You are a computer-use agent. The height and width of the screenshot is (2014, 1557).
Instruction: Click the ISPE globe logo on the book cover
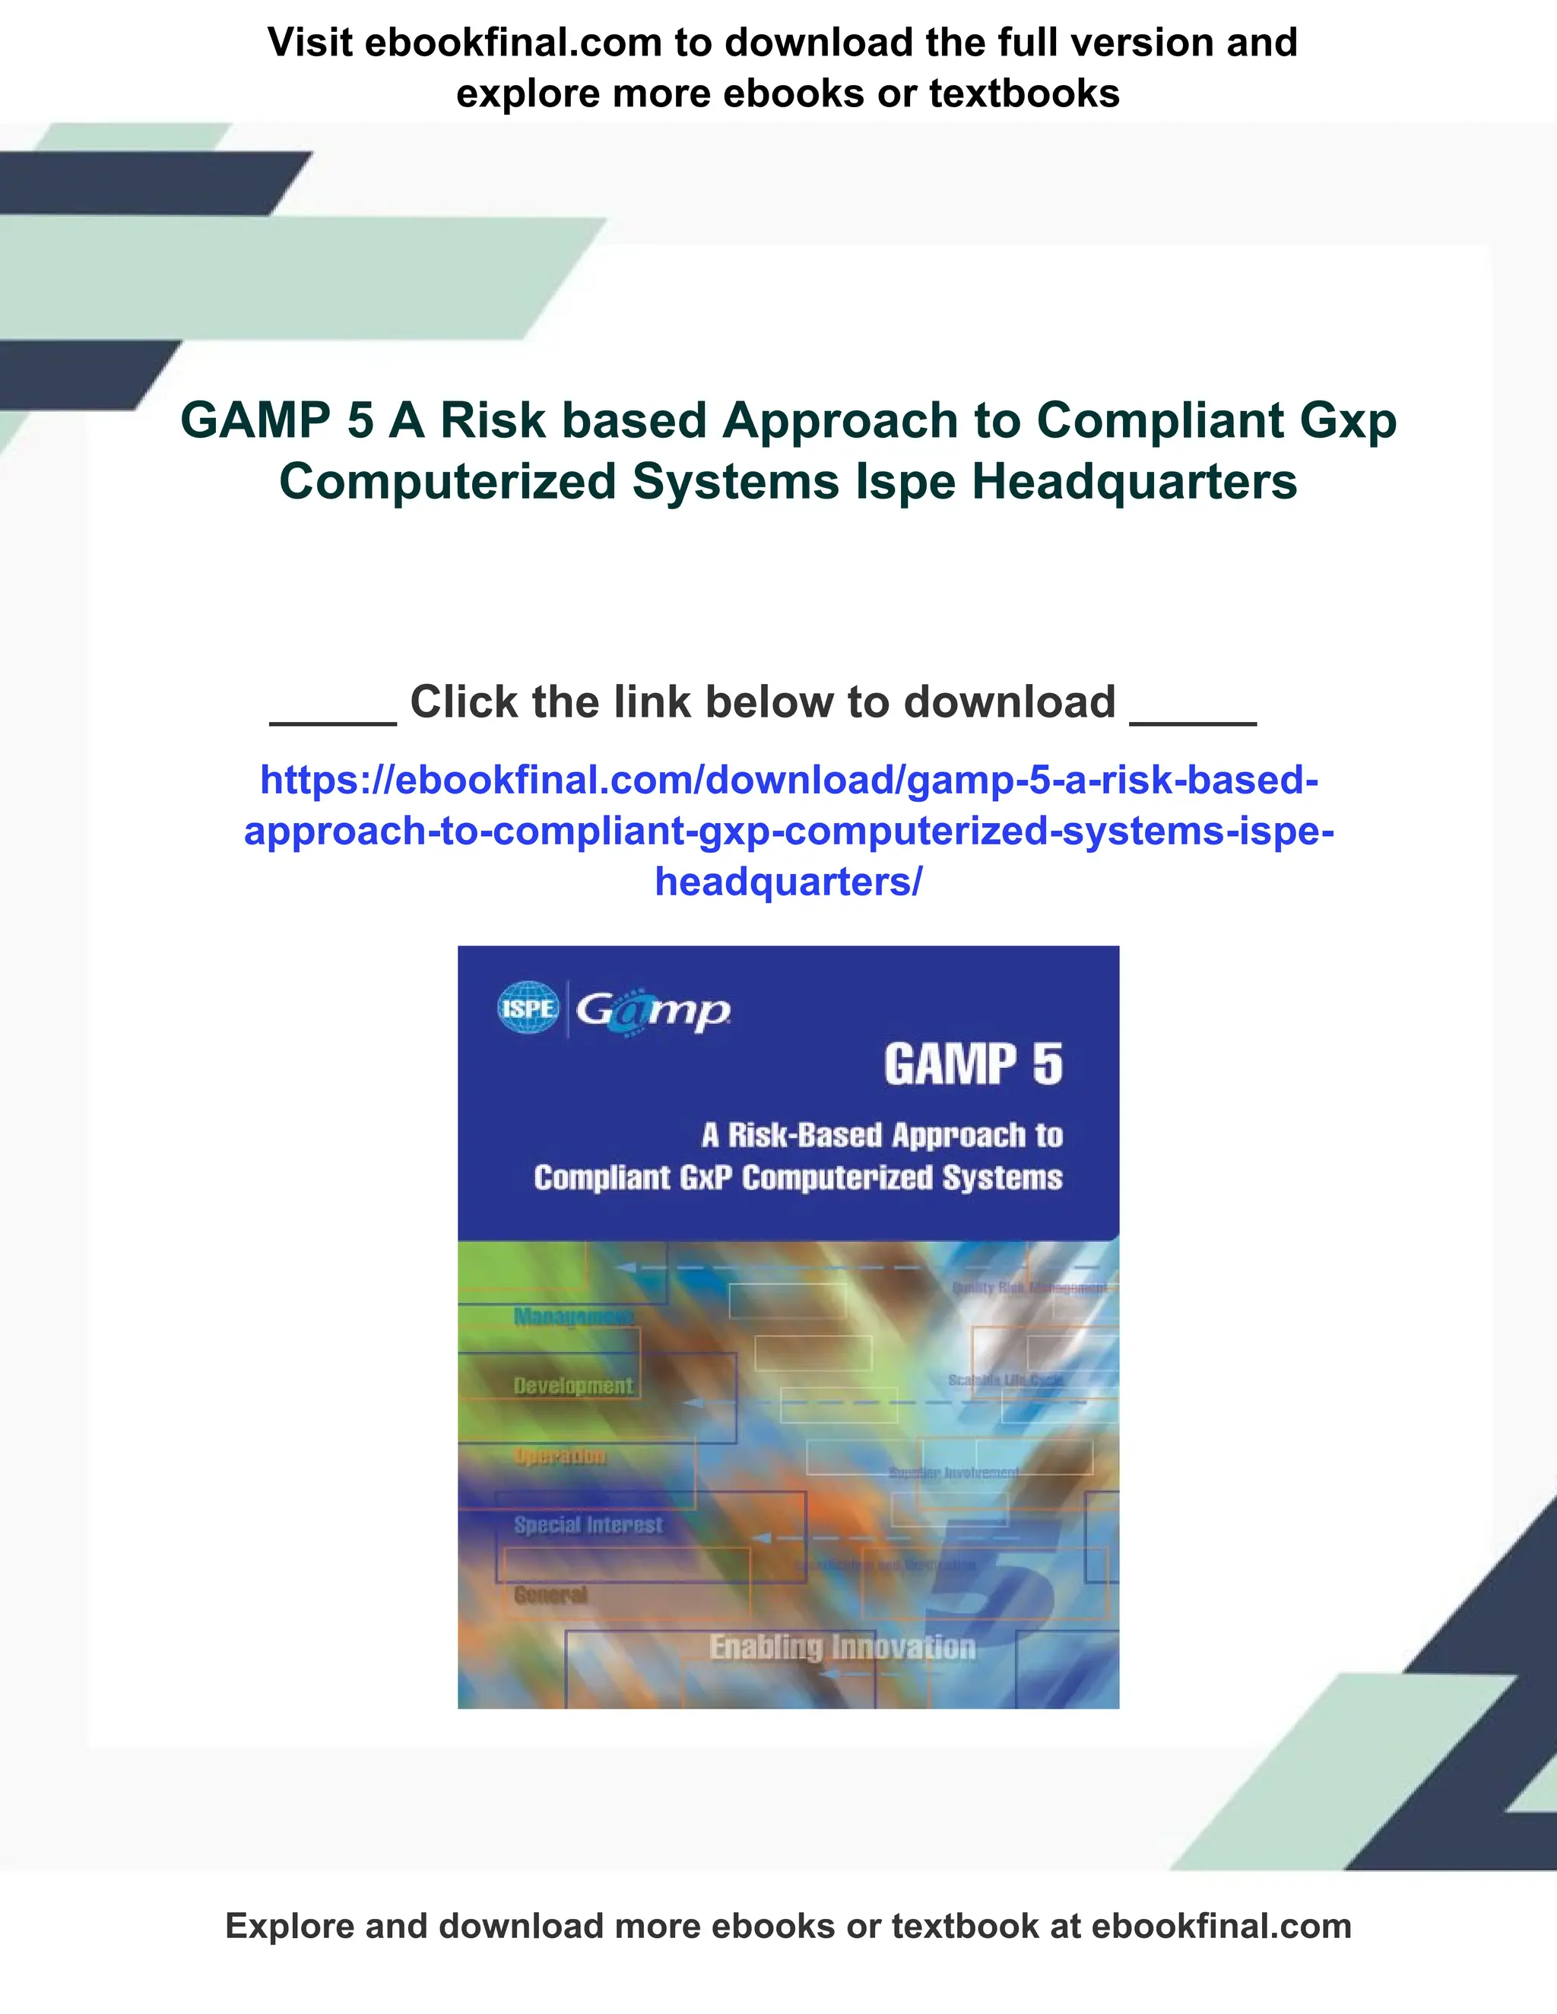tap(528, 1009)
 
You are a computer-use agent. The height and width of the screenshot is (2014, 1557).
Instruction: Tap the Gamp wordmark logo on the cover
tap(653, 1012)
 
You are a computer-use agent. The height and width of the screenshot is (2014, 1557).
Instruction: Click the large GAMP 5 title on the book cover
tap(972, 1065)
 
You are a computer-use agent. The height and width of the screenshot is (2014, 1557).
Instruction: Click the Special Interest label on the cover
tap(588, 1525)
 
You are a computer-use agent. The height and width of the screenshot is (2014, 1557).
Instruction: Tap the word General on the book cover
tap(550, 1594)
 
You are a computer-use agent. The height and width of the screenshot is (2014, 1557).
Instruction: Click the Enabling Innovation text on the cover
tap(842, 1648)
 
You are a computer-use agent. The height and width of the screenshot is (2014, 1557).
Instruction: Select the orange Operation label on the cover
tap(560, 1456)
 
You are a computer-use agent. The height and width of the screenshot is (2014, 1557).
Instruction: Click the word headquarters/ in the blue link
tap(788, 882)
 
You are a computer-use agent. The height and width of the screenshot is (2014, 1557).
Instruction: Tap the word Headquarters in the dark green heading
tap(1134, 481)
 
